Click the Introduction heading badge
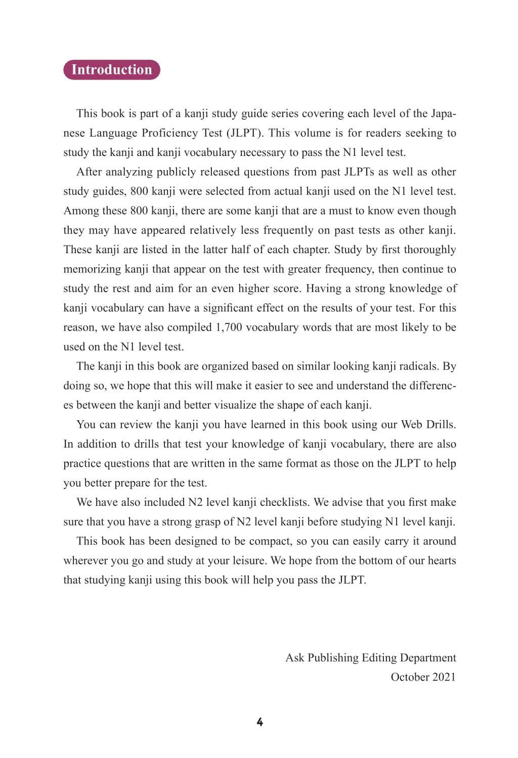click(x=111, y=70)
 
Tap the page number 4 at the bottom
click(x=260, y=722)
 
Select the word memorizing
click(x=89, y=269)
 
